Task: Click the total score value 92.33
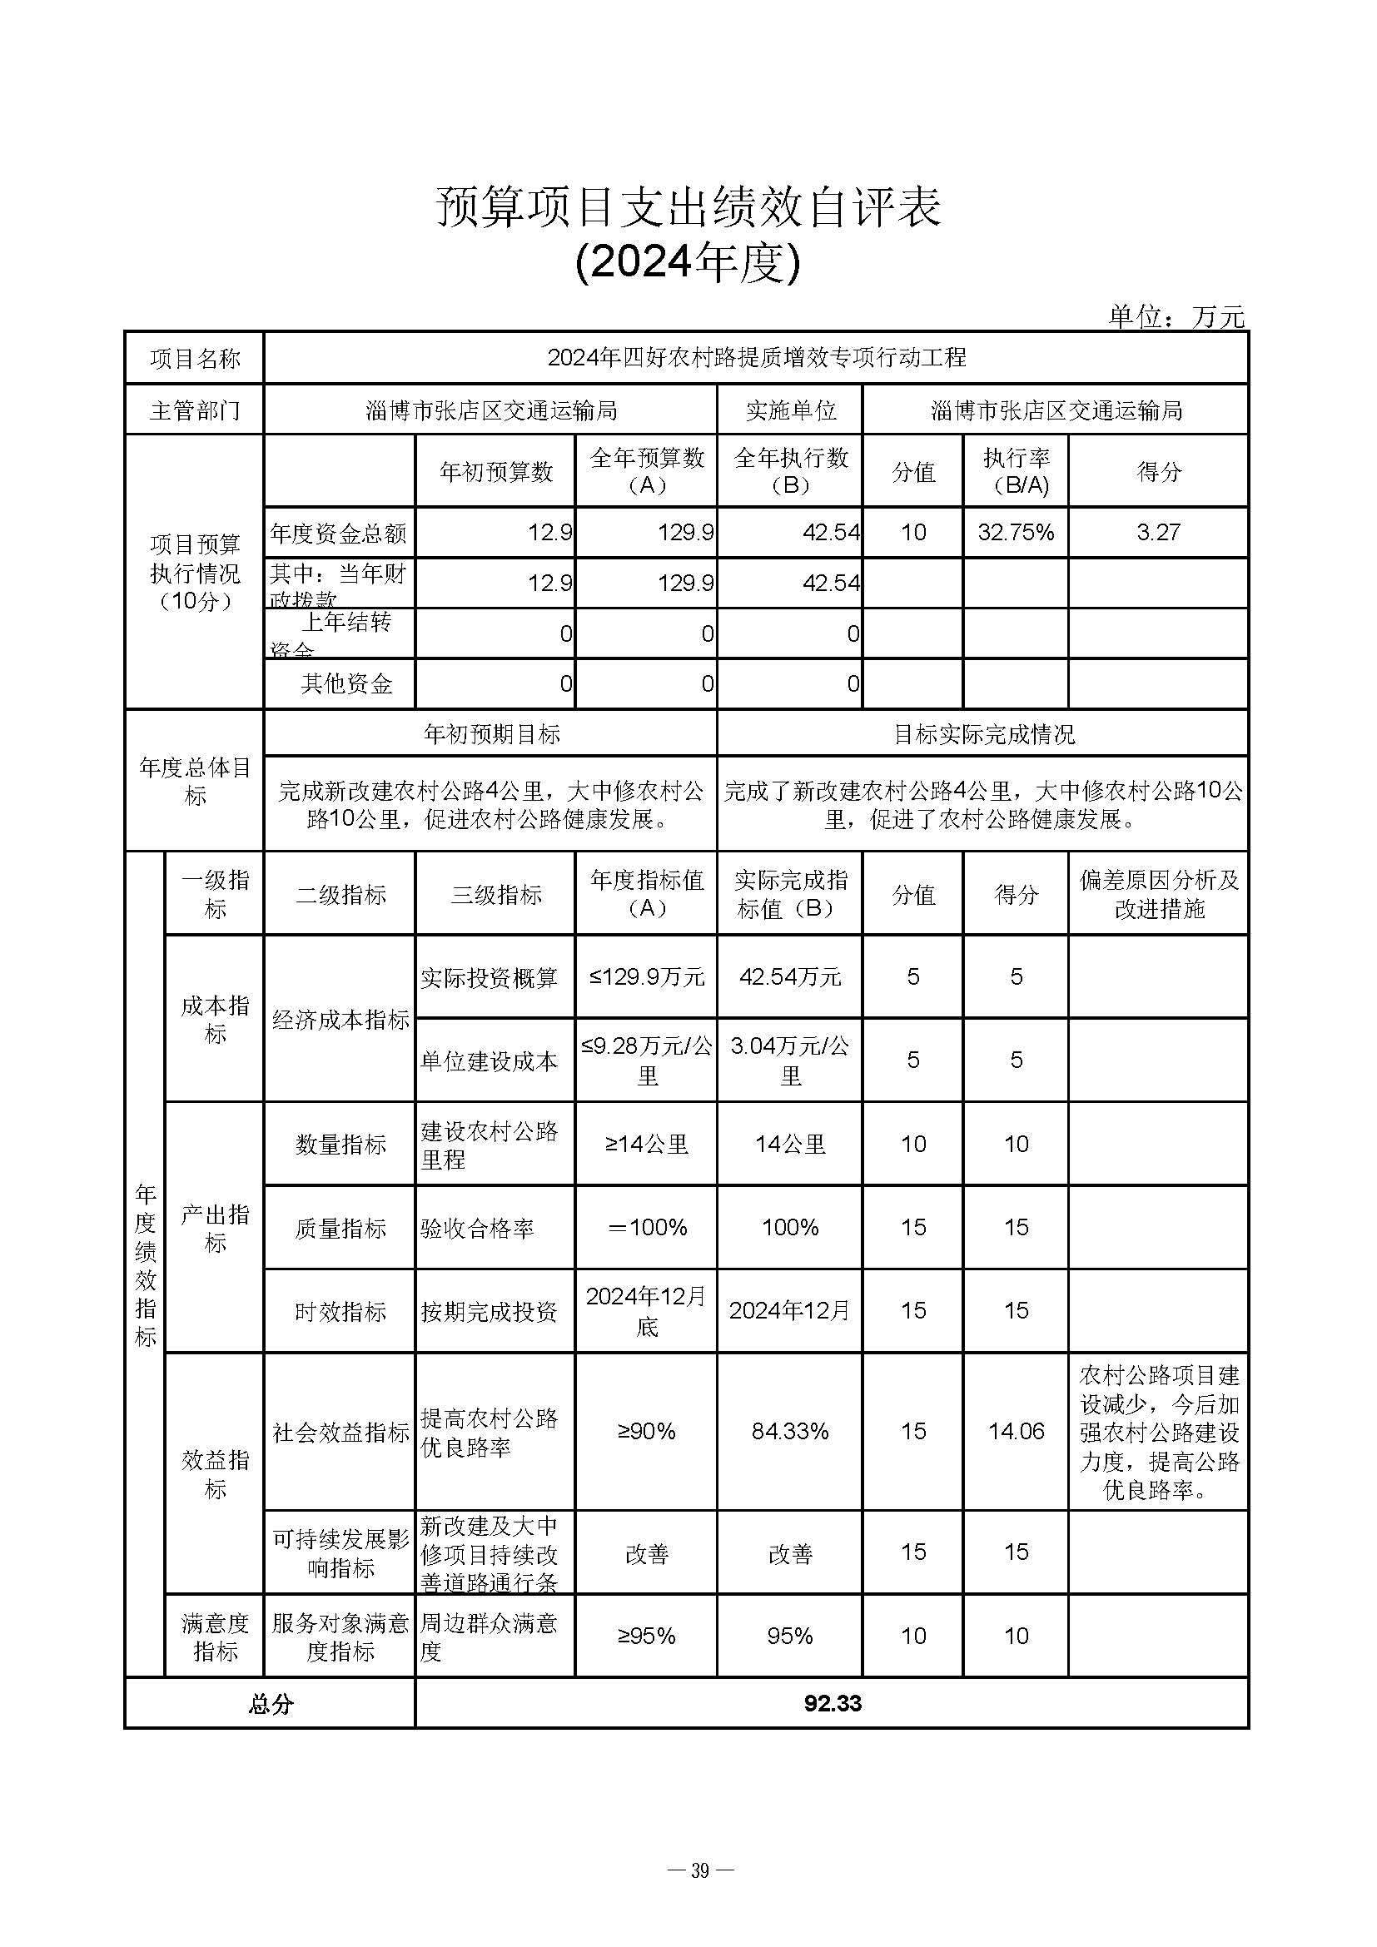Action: [x=832, y=1704]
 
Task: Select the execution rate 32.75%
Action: [x=1015, y=533]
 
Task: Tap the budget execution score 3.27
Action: [x=1157, y=533]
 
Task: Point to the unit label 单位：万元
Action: [x=1176, y=316]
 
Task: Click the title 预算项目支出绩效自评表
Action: [x=688, y=207]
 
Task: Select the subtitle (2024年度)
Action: [x=688, y=262]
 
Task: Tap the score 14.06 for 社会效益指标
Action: [x=1016, y=1433]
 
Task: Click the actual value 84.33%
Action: [x=789, y=1433]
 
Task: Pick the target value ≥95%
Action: [x=646, y=1636]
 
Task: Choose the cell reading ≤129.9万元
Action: [x=646, y=977]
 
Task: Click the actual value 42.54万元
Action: [x=789, y=977]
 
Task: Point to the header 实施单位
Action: [x=790, y=410]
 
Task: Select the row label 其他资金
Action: [x=346, y=683]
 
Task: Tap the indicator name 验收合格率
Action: [x=476, y=1228]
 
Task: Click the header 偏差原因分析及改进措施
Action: [x=1158, y=895]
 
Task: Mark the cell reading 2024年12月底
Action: [x=646, y=1311]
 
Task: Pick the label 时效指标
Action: [x=340, y=1312]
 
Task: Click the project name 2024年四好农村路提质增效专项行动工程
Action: [x=755, y=358]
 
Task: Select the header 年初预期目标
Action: [x=491, y=734]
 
